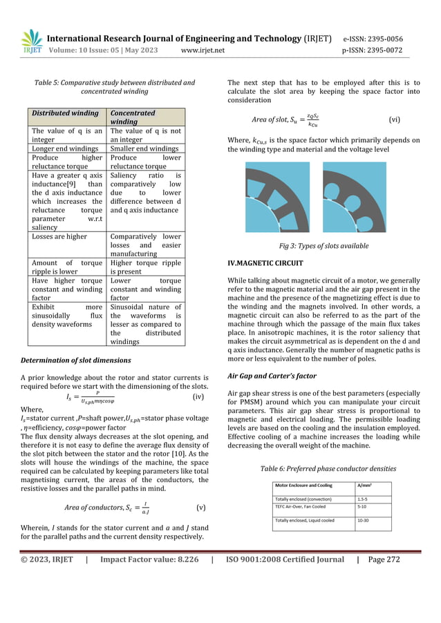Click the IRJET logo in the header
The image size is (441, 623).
(30, 44)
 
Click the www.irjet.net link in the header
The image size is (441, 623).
(210, 50)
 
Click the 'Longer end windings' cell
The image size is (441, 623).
(63, 148)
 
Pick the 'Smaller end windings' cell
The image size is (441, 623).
(144, 148)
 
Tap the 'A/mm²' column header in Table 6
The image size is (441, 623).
(366, 485)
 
